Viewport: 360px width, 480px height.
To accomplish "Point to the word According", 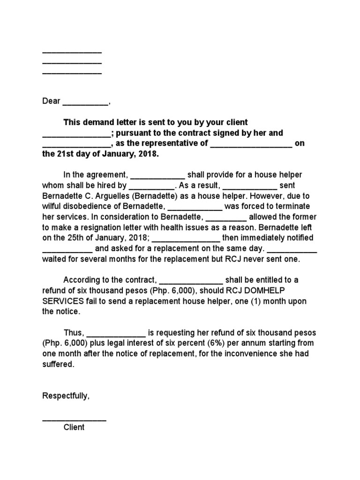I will [x=82, y=280].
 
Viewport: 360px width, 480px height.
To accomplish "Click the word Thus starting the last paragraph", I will [x=74, y=333].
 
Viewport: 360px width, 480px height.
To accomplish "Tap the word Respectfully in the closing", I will [x=66, y=396].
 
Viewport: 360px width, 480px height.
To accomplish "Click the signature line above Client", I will [x=74, y=420].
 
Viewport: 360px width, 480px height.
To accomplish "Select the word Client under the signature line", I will [x=74, y=427].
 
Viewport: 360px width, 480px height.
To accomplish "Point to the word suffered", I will [x=58, y=364].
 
